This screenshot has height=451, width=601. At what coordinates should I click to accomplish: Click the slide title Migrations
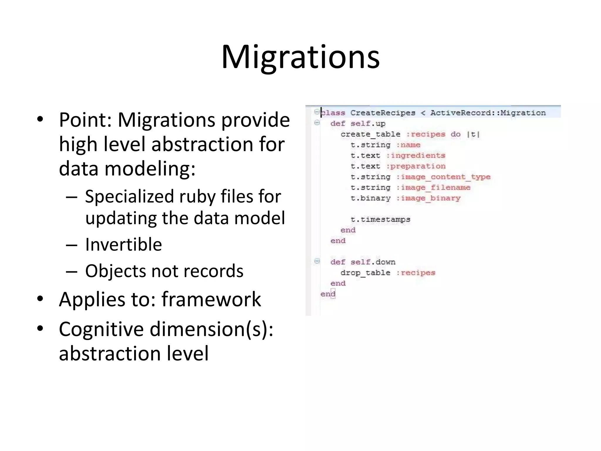[300, 57]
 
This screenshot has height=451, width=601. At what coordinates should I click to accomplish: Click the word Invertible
[123, 244]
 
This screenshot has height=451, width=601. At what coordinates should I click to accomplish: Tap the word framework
[211, 299]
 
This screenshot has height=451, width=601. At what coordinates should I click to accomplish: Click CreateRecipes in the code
[383, 113]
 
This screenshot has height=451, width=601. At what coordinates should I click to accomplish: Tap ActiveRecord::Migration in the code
[488, 113]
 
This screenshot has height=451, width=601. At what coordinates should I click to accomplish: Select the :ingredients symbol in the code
[416, 156]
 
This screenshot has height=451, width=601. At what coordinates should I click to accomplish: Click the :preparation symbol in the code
[416, 166]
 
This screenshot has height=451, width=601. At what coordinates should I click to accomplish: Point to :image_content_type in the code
[443, 177]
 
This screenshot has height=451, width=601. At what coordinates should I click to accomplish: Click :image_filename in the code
[433, 188]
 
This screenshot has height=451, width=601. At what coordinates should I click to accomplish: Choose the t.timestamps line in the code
[380, 220]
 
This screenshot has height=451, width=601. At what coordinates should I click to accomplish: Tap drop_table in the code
[365, 273]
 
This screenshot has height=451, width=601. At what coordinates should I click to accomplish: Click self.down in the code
[373, 262]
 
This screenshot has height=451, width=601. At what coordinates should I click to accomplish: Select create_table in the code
[370, 134]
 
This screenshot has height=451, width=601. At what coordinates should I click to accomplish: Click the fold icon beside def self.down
[317, 261]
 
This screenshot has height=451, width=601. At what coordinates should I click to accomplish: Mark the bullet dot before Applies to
[40, 299]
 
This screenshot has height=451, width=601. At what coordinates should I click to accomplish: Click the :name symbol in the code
[408, 145]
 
